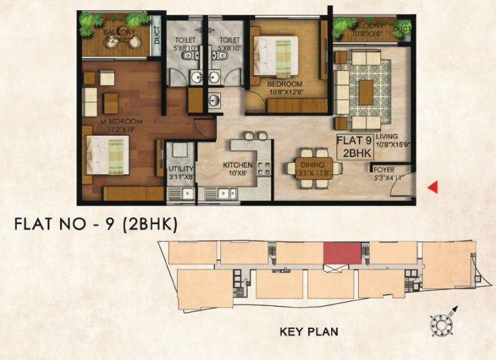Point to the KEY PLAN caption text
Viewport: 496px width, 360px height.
(x=309, y=332)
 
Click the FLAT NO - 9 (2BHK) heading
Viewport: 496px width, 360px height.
(x=95, y=225)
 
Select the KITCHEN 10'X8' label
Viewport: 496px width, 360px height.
(x=239, y=169)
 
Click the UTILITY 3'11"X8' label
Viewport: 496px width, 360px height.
(x=180, y=172)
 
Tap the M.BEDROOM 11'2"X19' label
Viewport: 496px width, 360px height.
(x=118, y=126)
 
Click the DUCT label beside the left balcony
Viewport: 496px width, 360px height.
(x=157, y=39)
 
